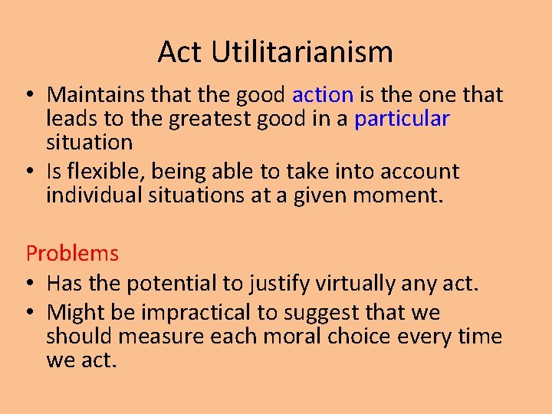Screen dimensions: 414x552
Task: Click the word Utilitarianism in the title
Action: coord(302,52)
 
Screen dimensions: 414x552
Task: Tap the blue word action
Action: coord(323,95)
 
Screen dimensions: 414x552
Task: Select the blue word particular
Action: coord(402,119)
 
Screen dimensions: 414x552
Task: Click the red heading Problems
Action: coord(72,253)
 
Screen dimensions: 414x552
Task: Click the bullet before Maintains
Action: coord(28,96)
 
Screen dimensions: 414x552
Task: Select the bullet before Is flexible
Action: coord(28,172)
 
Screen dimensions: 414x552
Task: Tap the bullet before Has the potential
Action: coord(28,284)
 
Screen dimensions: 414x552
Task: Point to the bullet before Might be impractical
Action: coord(28,314)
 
